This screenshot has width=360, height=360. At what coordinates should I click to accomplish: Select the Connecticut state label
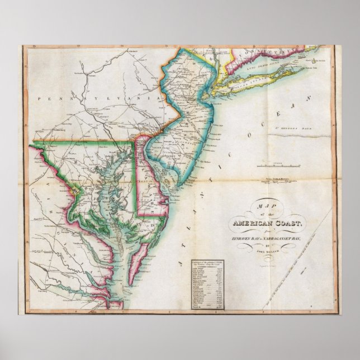point(257,49)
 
